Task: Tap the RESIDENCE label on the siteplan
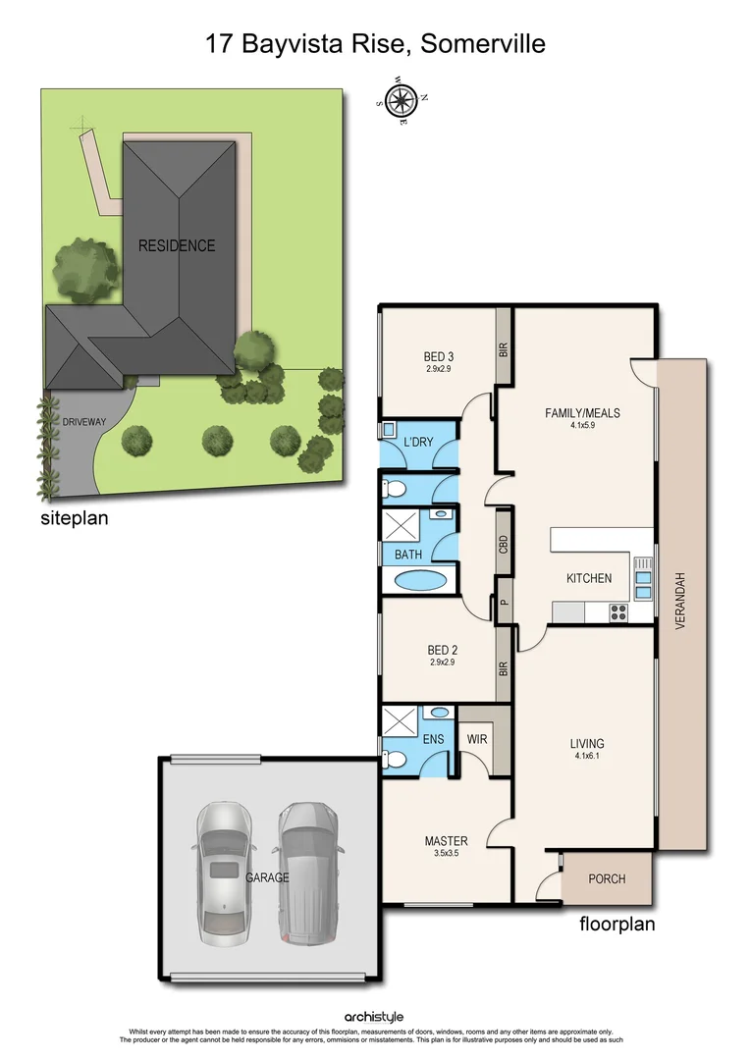[177, 245]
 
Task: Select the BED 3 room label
[440, 356]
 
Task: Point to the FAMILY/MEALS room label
[582, 412]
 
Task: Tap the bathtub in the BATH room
[418, 579]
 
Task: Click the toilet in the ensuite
[396, 759]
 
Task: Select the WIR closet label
[478, 738]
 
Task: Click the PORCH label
[606, 878]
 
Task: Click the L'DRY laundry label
[419, 444]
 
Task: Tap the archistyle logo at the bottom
[374, 1018]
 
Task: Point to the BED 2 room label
[442, 650]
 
